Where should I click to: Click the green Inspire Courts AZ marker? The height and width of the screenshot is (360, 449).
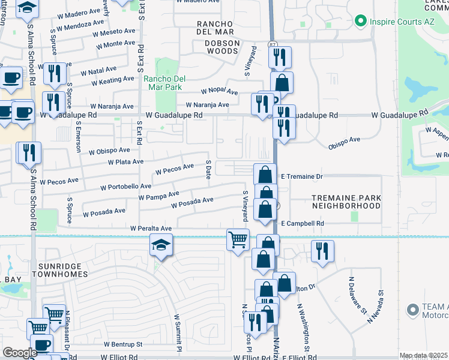click(x=360, y=22)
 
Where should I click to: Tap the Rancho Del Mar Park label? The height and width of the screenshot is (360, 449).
click(x=163, y=83)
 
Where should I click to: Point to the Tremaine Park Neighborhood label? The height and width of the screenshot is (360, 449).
click(x=346, y=201)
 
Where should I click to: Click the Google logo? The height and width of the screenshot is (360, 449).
click(x=20, y=353)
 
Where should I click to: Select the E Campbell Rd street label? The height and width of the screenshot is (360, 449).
click(x=303, y=224)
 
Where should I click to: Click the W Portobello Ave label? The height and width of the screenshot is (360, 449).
click(x=125, y=187)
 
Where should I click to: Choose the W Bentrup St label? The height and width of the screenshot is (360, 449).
click(x=122, y=345)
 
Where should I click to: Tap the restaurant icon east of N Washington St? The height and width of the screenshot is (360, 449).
click(x=323, y=251)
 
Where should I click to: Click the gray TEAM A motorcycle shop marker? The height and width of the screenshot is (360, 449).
click(x=412, y=310)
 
